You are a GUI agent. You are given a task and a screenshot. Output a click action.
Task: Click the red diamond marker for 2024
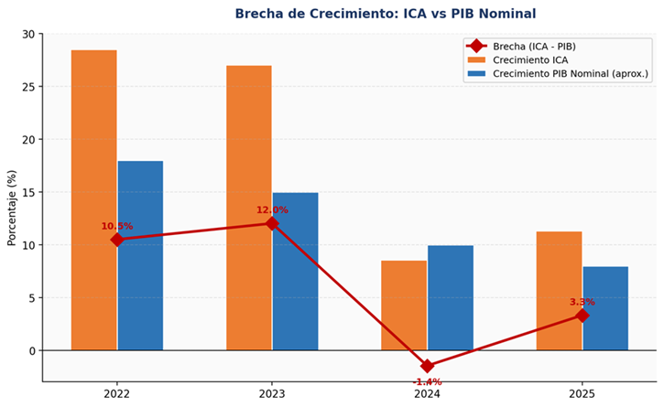click(428, 366)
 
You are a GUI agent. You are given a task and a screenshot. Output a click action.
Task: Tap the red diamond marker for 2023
click(272, 223)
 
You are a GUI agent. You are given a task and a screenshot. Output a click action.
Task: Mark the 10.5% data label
click(117, 226)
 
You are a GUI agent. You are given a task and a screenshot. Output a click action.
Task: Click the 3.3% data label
click(582, 302)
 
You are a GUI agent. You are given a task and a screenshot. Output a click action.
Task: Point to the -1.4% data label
click(427, 381)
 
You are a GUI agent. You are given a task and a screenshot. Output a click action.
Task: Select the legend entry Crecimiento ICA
click(528, 59)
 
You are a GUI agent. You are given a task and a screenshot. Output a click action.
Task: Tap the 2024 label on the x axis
click(427, 394)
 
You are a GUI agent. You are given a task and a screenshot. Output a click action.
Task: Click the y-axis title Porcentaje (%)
click(12, 208)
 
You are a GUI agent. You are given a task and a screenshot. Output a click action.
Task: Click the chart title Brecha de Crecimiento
click(385, 14)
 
